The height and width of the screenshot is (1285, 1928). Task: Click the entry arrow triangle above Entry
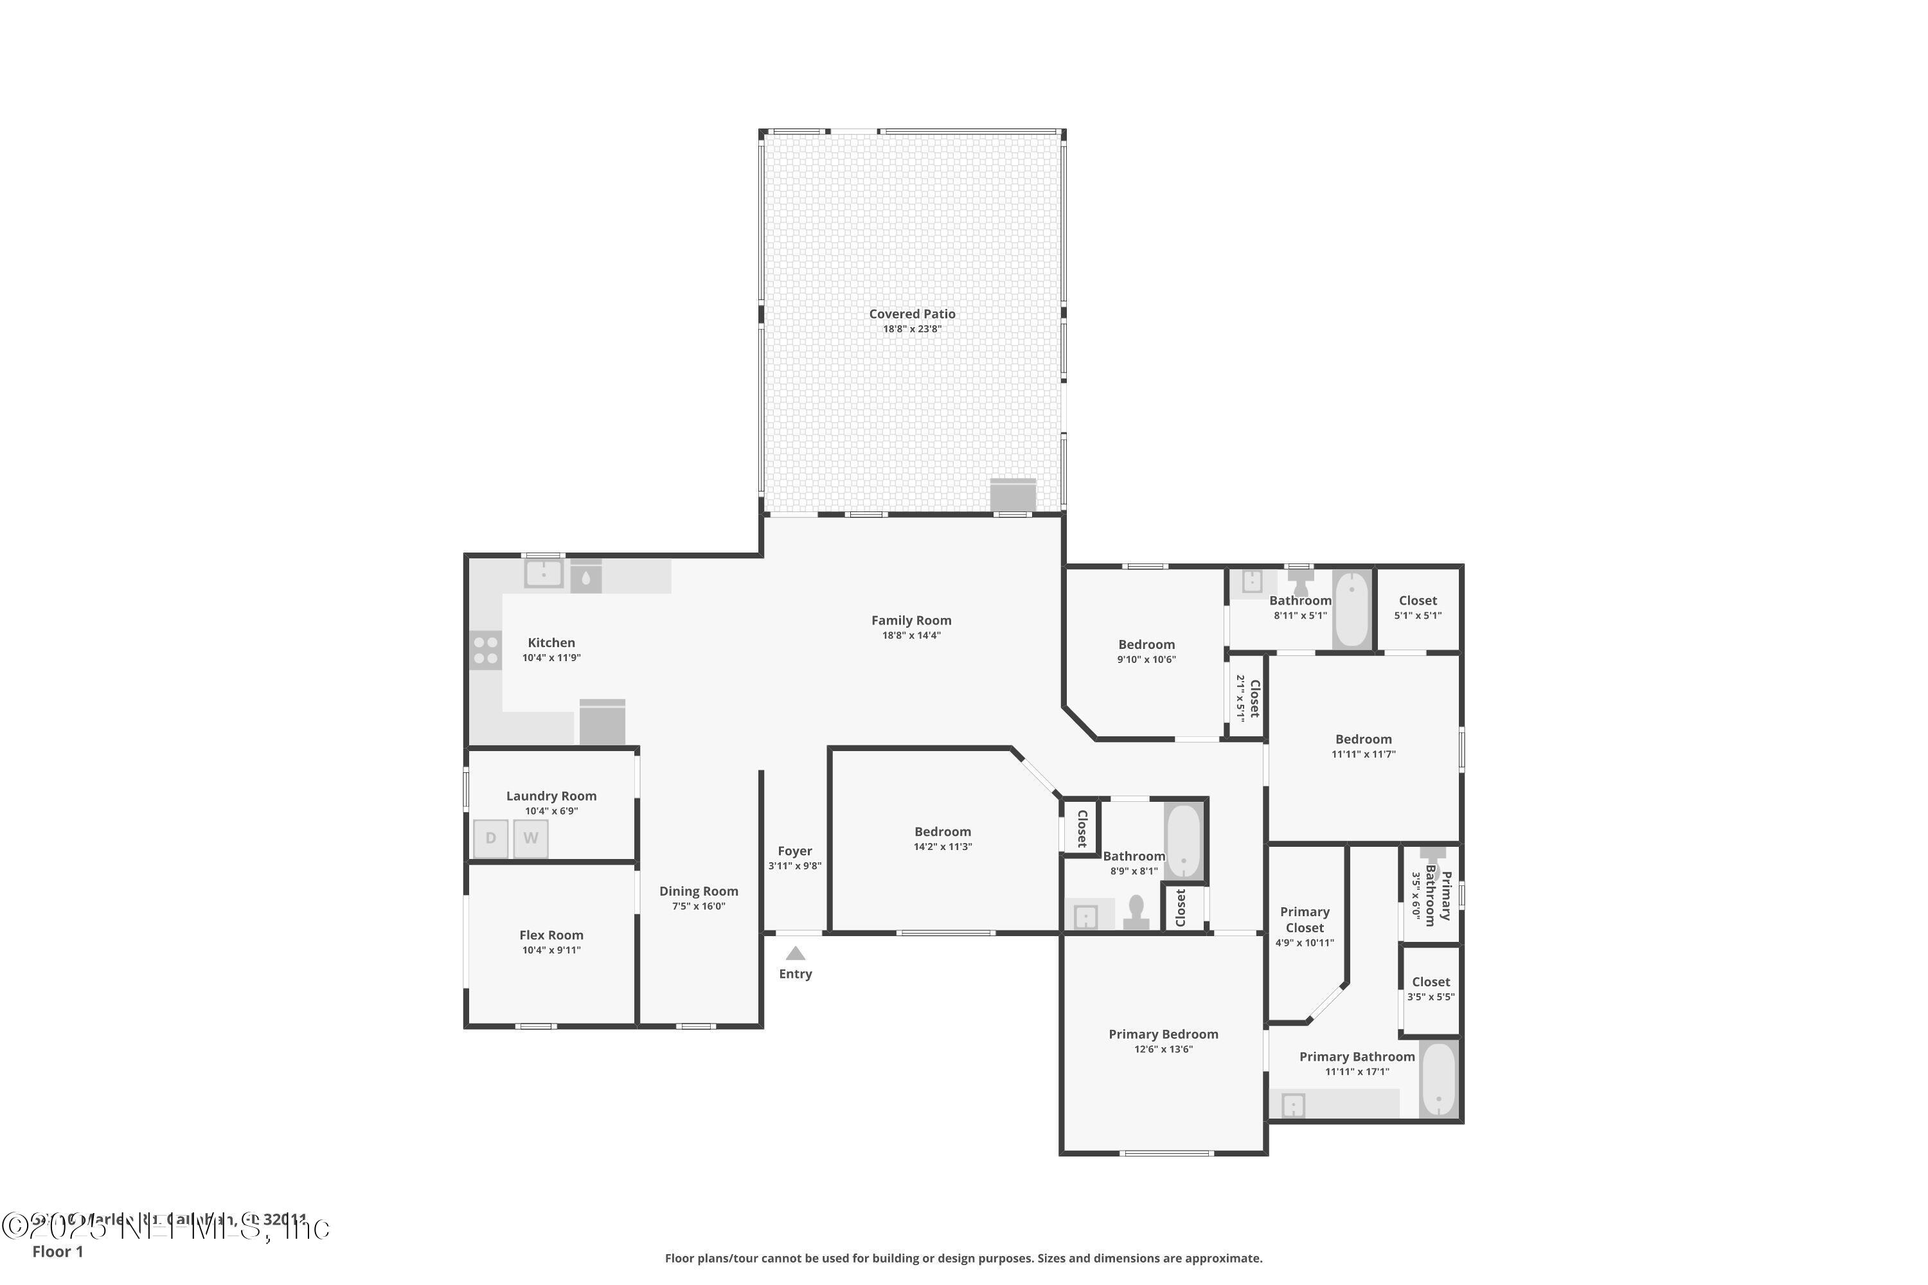(795, 953)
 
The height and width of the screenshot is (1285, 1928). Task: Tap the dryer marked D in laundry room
(490, 838)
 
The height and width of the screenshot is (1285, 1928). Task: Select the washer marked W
(530, 838)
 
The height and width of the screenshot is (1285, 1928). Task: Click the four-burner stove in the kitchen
(485, 650)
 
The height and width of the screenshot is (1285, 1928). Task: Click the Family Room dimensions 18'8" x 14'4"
(911, 635)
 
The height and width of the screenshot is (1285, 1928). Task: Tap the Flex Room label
(551, 935)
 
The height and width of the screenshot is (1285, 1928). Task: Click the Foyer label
(794, 851)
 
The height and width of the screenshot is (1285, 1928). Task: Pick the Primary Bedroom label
(1163, 1034)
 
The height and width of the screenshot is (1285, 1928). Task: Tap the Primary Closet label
(1304, 919)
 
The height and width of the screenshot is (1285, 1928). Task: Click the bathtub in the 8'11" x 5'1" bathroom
(1352, 610)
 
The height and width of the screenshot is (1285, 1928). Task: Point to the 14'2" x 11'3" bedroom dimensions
(942, 847)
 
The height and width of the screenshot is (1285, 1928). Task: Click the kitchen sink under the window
(544, 574)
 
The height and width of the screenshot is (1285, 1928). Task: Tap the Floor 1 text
(57, 1252)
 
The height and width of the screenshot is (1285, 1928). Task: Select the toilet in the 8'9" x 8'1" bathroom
(1136, 911)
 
